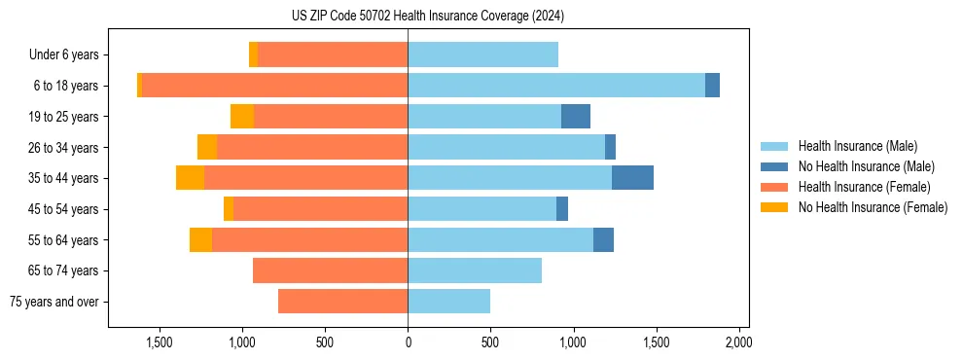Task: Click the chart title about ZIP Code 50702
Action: (x=427, y=17)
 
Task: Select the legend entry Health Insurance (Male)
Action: (x=856, y=146)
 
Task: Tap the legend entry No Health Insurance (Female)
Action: (x=871, y=207)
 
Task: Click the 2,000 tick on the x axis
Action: (x=738, y=342)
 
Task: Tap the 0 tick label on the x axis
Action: (x=408, y=342)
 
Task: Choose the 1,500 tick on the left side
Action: (x=160, y=342)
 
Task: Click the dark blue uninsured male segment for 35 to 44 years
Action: (x=632, y=178)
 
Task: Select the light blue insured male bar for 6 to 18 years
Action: (x=556, y=86)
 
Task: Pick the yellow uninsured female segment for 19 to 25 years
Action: (x=242, y=117)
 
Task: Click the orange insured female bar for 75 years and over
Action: (x=342, y=302)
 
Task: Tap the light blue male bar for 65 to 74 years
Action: (x=475, y=270)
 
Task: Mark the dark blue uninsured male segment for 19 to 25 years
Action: (x=576, y=117)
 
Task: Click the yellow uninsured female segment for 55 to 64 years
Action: (x=200, y=239)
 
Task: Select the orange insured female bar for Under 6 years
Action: (x=333, y=54)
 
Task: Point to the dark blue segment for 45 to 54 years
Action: (x=562, y=209)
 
